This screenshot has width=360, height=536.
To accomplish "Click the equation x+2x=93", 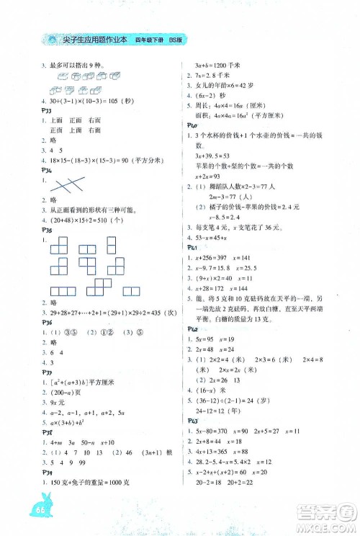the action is (212, 174).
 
